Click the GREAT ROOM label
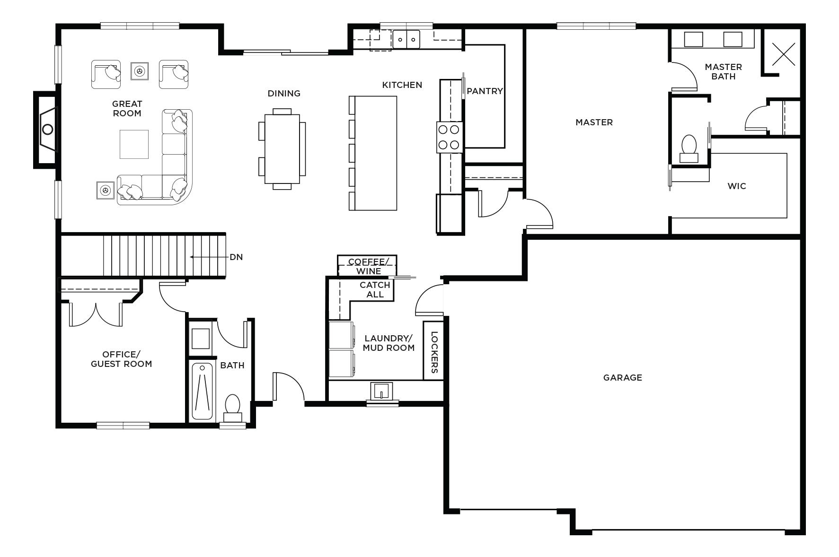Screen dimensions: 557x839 [x=127, y=108]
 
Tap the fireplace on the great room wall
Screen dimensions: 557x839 [x=46, y=129]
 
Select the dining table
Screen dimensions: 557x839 [x=282, y=148]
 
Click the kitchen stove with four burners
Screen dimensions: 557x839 [x=449, y=137]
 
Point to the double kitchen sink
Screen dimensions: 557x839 [x=406, y=39]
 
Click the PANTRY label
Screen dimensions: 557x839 [x=485, y=91]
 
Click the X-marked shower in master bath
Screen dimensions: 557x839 [x=783, y=53]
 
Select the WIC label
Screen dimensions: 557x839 [x=737, y=186]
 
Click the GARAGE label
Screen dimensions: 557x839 [x=622, y=377]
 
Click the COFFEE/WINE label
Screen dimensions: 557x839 [x=368, y=266]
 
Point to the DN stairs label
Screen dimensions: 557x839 [x=236, y=257]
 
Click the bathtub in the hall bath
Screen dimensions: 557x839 [x=203, y=392]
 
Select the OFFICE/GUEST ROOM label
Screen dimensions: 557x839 [x=121, y=359]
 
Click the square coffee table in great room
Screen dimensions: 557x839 [x=134, y=144]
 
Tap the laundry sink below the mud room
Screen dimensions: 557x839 [x=381, y=392]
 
